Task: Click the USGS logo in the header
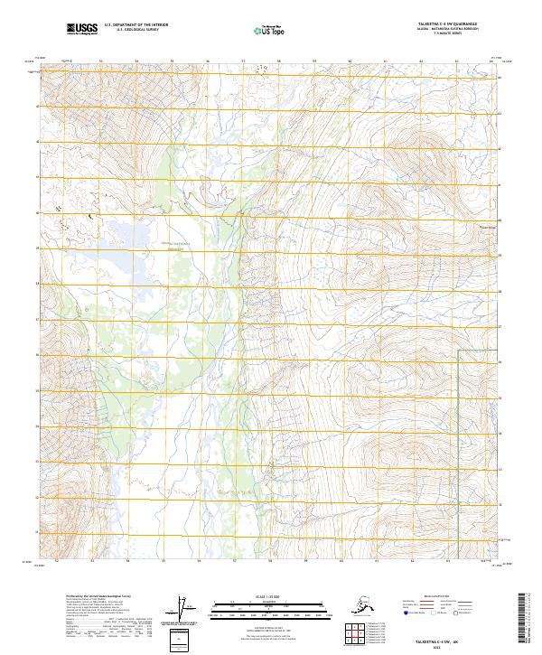[x=83, y=30]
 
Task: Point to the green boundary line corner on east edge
[x=459, y=349]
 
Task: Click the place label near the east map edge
[x=488, y=226]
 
